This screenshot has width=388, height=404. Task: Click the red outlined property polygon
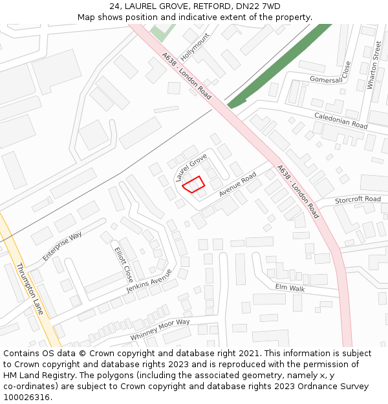193,184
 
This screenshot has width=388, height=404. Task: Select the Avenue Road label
237,184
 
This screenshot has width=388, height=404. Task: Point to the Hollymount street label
195,46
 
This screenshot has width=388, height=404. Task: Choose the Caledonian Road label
341,120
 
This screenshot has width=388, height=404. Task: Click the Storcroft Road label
358,200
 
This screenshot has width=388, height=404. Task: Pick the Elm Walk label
290,288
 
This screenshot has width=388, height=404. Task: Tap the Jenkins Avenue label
149,280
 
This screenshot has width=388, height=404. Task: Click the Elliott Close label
123,264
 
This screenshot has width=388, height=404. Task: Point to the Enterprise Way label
62,246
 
